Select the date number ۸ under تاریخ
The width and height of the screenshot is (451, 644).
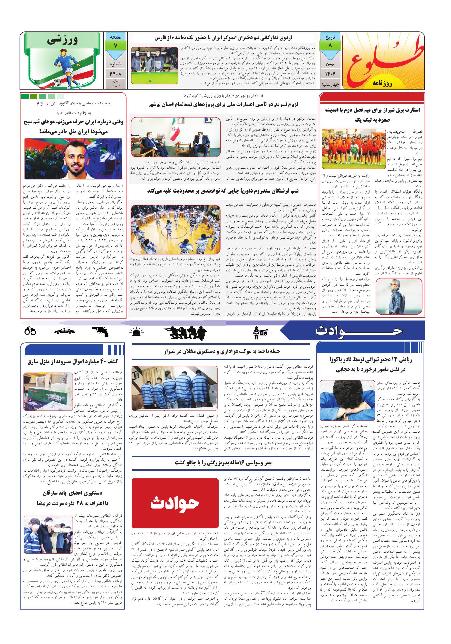(x=329, y=45)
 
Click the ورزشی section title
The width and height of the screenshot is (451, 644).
(x=63, y=40)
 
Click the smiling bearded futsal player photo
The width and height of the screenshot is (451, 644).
(x=73, y=158)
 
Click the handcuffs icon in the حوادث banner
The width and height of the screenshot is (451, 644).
(x=30, y=331)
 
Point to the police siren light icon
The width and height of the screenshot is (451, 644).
(x=136, y=331)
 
